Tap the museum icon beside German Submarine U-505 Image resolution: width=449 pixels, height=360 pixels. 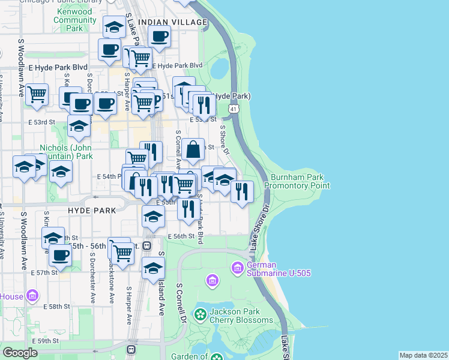pos(238,267)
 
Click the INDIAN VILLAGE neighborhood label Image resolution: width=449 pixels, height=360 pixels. pos(172,22)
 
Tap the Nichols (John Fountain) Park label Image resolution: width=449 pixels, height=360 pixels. pos(66,152)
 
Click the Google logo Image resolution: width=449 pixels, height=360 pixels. pos(20,353)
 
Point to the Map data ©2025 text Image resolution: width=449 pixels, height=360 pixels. pos(423,355)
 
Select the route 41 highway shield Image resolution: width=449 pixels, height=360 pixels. pos(234,109)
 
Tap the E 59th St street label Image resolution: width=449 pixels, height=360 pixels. pos(46,341)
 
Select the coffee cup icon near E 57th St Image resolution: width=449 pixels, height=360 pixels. pos(60,254)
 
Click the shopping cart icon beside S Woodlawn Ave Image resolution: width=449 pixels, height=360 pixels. pos(37,94)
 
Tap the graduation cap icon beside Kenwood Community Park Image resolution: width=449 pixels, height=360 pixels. pos(114,26)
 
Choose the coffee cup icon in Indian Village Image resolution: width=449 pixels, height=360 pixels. pos(160,37)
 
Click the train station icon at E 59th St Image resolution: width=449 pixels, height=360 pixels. pos(131,349)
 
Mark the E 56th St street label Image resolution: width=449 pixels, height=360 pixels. pos(181,236)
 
